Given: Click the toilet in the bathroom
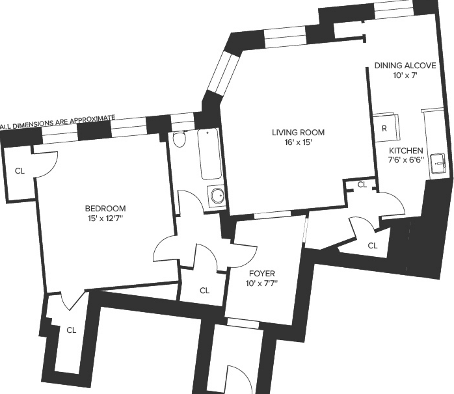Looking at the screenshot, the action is tap(179, 138).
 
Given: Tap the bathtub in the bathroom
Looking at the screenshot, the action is tap(210, 154).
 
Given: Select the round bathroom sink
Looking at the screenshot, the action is tap(217, 196).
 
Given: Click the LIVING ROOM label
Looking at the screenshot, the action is tap(298, 132).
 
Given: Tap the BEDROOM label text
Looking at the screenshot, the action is tap(105, 209).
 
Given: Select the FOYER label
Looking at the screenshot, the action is tap(262, 274).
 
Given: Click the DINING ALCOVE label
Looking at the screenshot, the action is tap(405, 66).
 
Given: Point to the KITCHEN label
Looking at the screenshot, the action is tap(406, 151).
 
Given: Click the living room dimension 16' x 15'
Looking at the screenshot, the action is tap(298, 142).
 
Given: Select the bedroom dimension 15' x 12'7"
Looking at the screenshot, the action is tap(105, 218).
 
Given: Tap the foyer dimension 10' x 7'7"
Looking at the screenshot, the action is tap(261, 283).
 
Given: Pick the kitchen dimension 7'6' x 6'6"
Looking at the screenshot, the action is tap(406, 159).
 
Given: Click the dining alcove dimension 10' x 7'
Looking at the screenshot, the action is tap(405, 75).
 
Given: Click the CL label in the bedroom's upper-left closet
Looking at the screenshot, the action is tap(20, 171).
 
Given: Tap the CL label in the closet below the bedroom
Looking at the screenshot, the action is tap(72, 330).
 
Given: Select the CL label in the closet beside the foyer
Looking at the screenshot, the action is tap(204, 291).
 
